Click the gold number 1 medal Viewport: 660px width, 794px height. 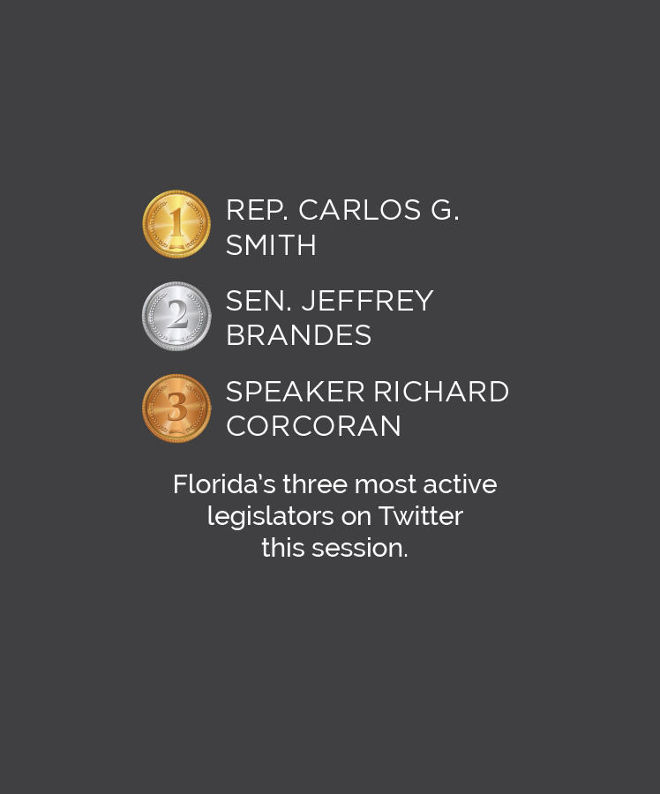point(176,224)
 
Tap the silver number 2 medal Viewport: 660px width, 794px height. point(176,316)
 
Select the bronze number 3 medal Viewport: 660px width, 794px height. point(176,408)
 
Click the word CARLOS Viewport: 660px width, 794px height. point(360,210)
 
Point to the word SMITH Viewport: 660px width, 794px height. point(271,245)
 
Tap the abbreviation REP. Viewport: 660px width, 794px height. point(257,210)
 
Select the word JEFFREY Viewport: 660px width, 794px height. point(367,301)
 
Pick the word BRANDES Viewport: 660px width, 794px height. point(299,335)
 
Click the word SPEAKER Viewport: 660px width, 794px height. point(296,392)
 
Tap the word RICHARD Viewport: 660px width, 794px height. point(441,392)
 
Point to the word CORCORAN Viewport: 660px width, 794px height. point(313,425)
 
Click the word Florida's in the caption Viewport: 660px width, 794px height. point(224,484)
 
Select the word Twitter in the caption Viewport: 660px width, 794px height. point(420,516)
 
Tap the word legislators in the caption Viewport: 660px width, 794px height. point(271,517)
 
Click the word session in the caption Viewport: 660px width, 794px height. point(360,549)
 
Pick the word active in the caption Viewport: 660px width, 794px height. point(460,485)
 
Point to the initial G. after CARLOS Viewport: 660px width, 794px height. point(445,210)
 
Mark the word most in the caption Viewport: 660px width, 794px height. point(385,485)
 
